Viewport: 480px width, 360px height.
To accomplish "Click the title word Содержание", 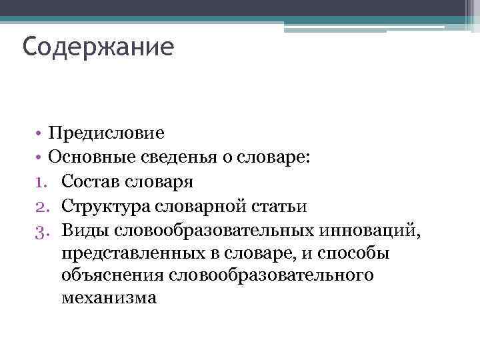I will click(x=97, y=47).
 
